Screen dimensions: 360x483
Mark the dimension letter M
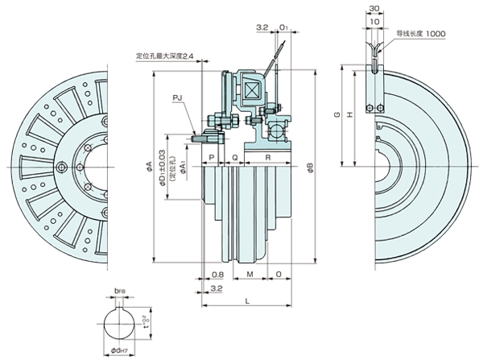[251, 274]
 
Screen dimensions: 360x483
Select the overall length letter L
[246, 300]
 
